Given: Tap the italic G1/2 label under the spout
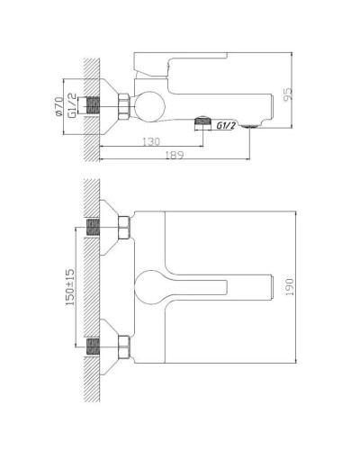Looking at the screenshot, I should click(226, 127).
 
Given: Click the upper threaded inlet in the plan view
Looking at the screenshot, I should click(92, 230).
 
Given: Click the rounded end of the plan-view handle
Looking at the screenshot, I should click(149, 287).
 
